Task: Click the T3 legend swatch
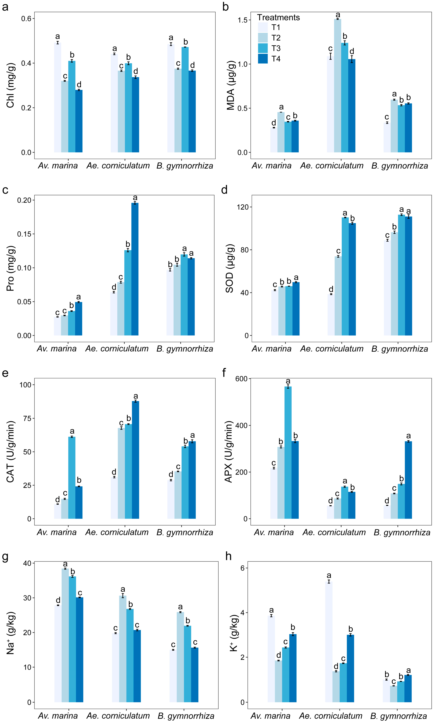263,48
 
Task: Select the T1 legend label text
276,27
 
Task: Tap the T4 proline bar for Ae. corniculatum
135,269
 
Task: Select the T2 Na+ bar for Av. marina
65,635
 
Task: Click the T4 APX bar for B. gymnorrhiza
408,480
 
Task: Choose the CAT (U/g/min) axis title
11,452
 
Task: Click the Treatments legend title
279,18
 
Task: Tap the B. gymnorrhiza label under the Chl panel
185,166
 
